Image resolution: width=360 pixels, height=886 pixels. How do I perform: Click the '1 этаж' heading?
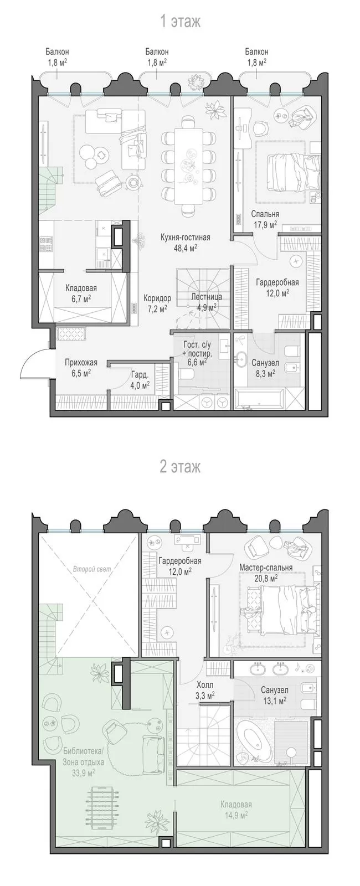coord(180,22)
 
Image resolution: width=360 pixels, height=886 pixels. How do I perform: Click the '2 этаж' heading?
coord(180,467)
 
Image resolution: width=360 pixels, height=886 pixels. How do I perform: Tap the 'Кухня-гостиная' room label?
coord(185,238)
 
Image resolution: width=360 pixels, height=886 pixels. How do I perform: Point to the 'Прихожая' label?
coord(81,363)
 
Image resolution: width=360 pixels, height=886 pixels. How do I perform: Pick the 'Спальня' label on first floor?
coord(265,214)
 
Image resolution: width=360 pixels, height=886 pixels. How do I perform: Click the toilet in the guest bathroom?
coord(186,375)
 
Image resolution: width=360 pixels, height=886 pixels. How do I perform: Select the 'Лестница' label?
coord(206,297)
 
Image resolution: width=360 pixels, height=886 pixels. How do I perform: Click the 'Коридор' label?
coord(157,298)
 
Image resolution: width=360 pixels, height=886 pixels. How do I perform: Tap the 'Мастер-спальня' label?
coord(266,568)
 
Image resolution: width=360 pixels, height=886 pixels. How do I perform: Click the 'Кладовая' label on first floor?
coord(81,289)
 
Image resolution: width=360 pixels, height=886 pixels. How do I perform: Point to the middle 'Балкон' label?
coord(157,52)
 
